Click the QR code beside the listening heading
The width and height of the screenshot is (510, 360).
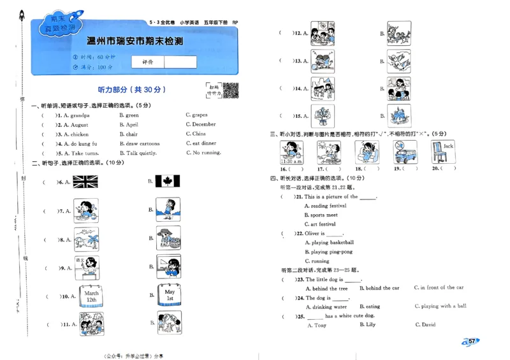point(230,90)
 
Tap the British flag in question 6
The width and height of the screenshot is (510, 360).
point(85,182)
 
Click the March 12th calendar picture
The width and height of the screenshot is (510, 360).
point(91,296)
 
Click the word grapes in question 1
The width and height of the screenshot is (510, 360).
point(199,115)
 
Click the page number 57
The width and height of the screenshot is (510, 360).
point(472,342)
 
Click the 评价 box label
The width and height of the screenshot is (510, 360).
point(147,62)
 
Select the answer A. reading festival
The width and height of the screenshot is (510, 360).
point(325,206)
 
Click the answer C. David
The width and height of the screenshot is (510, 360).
point(425,325)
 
